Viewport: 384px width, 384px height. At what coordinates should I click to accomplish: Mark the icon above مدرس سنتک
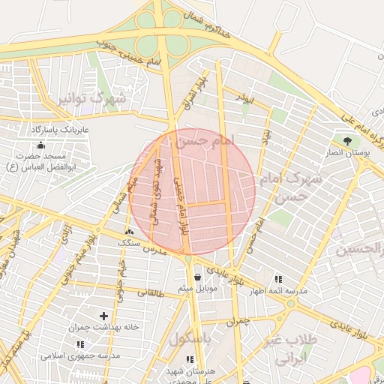[x=129, y=232]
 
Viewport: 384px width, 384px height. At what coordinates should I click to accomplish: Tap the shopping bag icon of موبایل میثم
[x=197, y=277]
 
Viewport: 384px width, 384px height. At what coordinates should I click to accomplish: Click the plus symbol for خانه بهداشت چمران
[x=103, y=316]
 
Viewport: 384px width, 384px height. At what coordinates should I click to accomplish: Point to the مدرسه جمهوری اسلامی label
[x=79, y=355]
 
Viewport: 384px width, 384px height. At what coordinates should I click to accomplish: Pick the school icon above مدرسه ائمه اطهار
[x=279, y=278]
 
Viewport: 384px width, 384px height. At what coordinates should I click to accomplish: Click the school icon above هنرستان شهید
[x=190, y=360]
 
